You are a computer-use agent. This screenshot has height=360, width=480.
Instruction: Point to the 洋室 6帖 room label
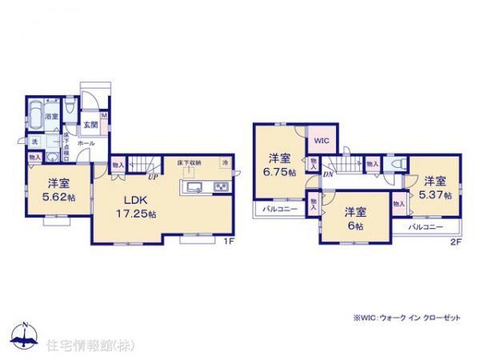(x=355, y=218)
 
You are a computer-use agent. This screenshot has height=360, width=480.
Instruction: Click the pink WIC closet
(x=322, y=142)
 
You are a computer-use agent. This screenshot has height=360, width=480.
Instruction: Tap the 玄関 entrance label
(x=92, y=125)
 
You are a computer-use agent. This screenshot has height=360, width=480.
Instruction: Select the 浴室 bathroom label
(x=50, y=117)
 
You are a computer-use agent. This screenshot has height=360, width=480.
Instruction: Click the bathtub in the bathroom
(x=34, y=119)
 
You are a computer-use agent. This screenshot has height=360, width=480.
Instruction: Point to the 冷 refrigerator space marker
(x=225, y=164)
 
